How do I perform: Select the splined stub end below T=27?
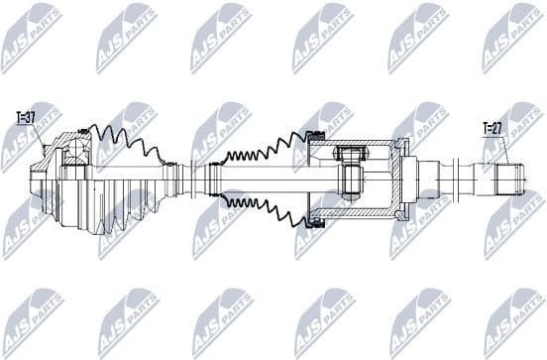tap(507, 180)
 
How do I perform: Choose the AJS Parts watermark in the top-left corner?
tap(31, 39)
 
